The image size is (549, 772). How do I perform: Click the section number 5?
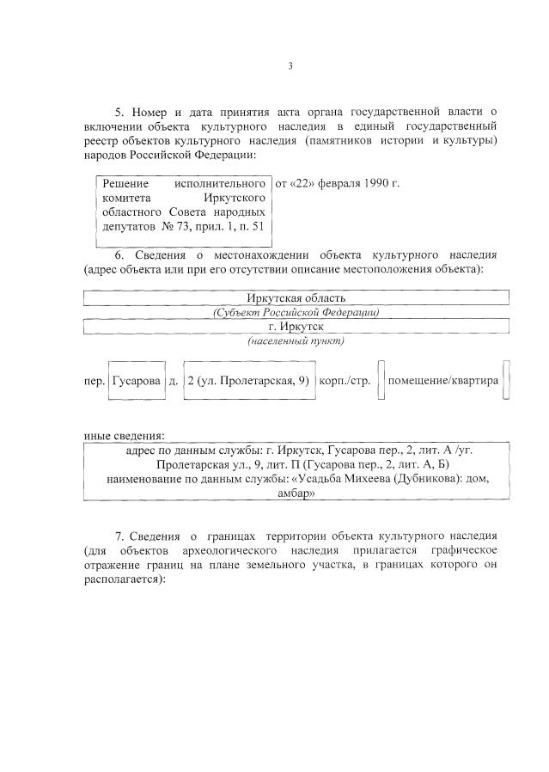(119, 112)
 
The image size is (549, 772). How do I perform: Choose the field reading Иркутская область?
(296, 298)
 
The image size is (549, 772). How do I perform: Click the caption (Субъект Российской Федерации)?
(296, 313)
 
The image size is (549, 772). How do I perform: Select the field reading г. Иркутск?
(296, 328)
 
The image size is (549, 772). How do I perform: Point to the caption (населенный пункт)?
(296, 341)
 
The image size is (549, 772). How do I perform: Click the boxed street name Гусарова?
(136, 381)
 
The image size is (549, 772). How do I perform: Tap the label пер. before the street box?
(94, 381)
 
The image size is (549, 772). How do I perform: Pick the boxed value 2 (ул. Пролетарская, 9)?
(247, 381)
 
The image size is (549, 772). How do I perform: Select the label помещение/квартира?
(442, 381)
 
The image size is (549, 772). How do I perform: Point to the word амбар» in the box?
(296, 494)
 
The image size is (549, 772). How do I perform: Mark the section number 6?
(119, 255)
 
